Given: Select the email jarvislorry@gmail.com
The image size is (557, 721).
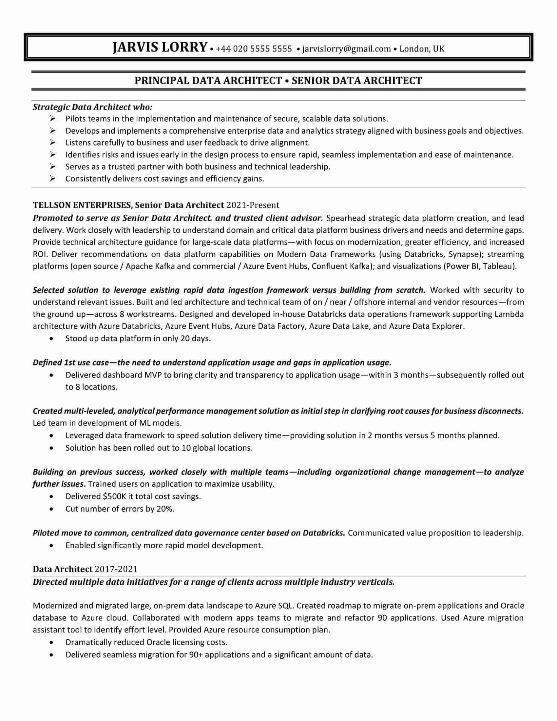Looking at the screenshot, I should point(346,49).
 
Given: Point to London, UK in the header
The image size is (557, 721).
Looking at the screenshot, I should point(422,49).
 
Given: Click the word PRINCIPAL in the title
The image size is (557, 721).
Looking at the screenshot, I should point(162,81).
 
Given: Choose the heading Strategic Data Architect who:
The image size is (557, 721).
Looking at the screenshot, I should point(92,107).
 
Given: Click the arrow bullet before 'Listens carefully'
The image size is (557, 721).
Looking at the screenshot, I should point(52,142).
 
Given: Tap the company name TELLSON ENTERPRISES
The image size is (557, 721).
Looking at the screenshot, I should point(82,205).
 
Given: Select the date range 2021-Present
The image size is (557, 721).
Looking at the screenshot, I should point(253,205).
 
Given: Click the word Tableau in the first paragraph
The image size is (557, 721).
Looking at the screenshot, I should point(498,266).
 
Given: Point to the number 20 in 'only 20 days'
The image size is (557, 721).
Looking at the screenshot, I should point(185,339).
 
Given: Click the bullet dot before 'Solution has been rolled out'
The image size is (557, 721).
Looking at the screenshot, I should point(51,448).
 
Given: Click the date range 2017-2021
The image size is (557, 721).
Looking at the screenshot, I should point(116,569).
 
